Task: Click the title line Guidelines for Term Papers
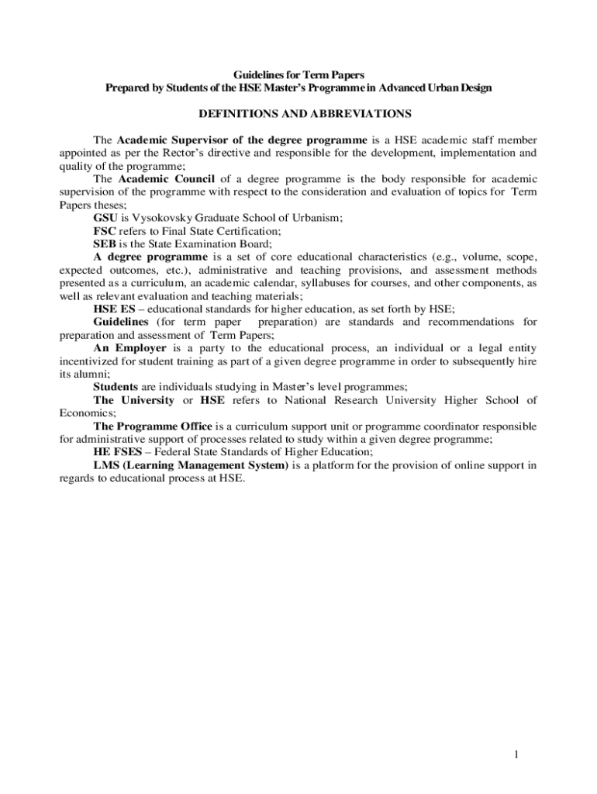(x=298, y=74)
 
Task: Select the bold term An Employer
(x=129, y=348)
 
